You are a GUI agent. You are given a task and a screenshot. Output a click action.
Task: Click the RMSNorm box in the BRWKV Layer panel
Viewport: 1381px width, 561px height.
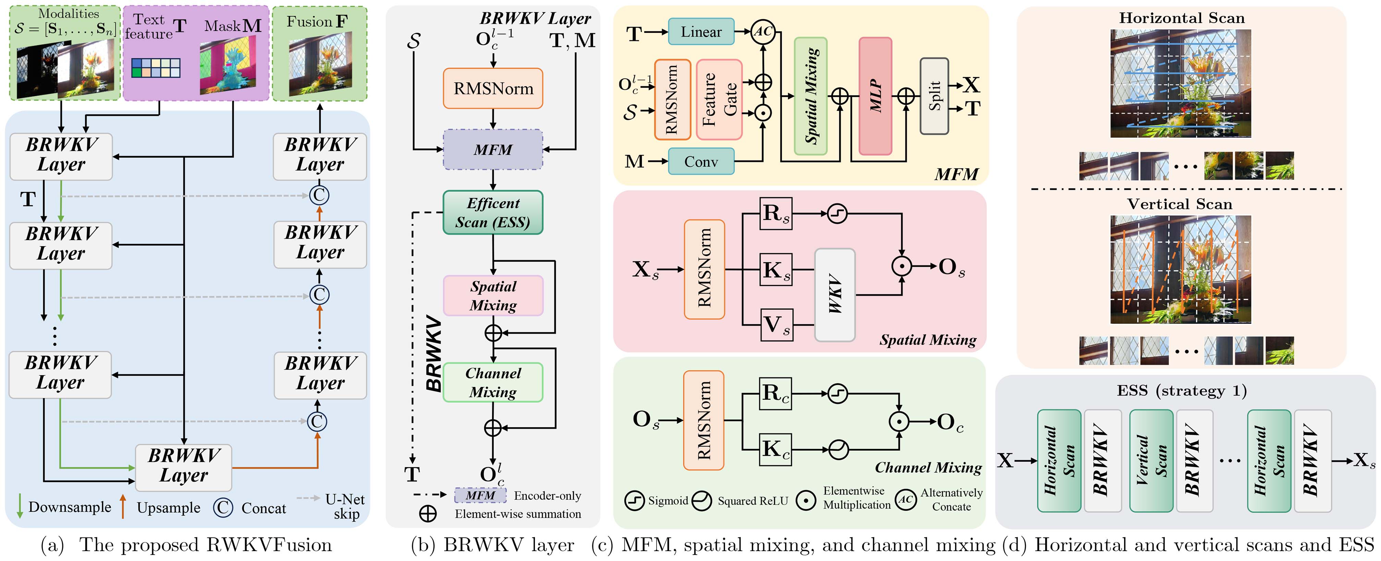[x=493, y=88]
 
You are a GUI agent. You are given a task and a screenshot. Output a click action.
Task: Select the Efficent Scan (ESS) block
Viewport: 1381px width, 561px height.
[x=493, y=213]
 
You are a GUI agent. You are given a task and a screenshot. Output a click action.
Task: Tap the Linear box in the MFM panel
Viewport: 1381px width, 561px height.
[x=701, y=32]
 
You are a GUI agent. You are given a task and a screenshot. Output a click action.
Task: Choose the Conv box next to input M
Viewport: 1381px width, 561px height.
[x=701, y=161]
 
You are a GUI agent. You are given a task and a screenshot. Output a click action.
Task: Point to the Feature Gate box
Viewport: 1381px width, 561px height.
[x=719, y=100]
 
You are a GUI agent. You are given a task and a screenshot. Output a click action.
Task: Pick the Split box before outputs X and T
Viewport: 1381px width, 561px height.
[x=934, y=97]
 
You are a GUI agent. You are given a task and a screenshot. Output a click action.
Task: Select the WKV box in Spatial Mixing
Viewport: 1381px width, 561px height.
[x=834, y=295]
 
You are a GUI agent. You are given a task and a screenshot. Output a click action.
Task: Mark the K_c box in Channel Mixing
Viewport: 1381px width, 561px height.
[x=775, y=449]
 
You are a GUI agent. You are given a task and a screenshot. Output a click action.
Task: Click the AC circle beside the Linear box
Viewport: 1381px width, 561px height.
[x=763, y=32]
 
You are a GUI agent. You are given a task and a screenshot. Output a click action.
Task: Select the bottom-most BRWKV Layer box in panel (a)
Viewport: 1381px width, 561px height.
[x=183, y=467]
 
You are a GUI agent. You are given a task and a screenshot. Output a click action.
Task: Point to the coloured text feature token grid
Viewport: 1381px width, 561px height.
[x=156, y=68]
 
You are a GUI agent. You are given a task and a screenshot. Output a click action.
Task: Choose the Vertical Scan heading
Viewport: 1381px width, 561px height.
[x=1180, y=204]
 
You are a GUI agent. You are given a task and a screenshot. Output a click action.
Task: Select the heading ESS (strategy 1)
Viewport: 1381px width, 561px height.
[x=1182, y=390]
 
